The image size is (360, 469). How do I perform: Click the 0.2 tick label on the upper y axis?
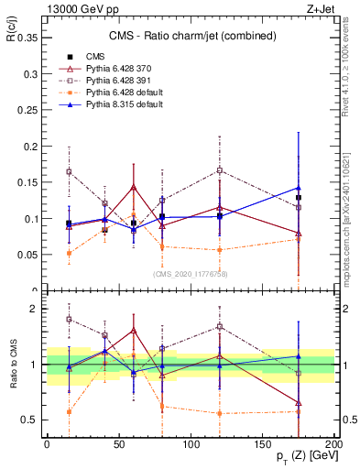27,147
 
